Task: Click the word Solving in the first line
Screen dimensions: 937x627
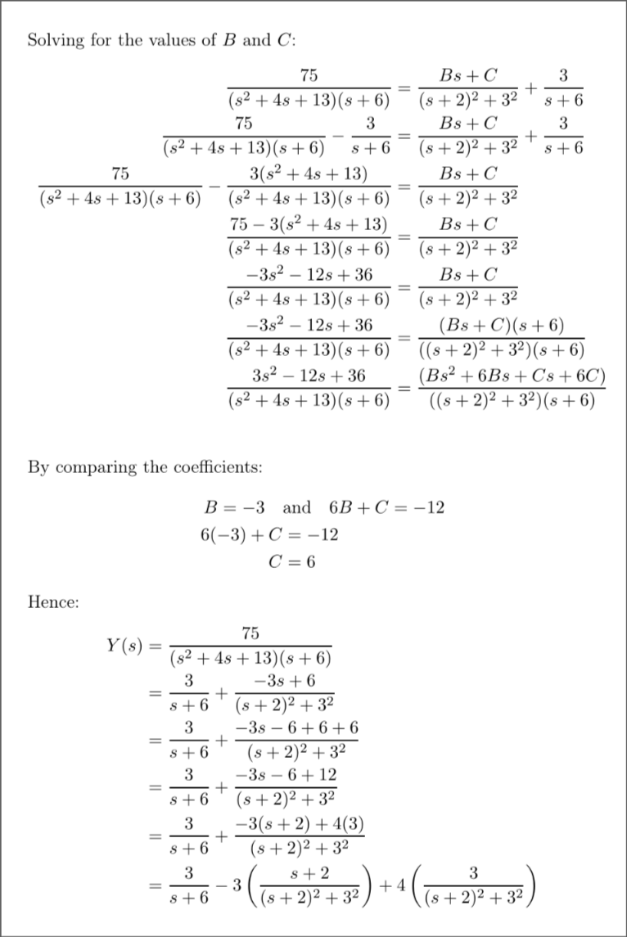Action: [x=53, y=40]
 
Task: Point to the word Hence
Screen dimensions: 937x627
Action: [x=53, y=603]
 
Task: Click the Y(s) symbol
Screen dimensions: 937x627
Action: [x=124, y=646]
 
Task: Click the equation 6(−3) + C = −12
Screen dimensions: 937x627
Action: [x=269, y=534]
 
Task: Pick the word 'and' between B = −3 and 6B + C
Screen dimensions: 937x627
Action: [x=296, y=507]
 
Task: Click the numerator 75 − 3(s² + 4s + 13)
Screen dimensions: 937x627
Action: [x=309, y=225]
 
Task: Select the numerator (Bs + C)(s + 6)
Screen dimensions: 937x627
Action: [x=502, y=325]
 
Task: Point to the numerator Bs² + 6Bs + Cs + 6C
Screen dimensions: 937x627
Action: [x=512, y=376]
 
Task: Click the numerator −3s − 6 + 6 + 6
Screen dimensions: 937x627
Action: [x=296, y=728]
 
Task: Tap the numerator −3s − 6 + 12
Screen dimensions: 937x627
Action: [x=286, y=774]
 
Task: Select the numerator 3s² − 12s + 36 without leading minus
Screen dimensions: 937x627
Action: [x=309, y=376]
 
